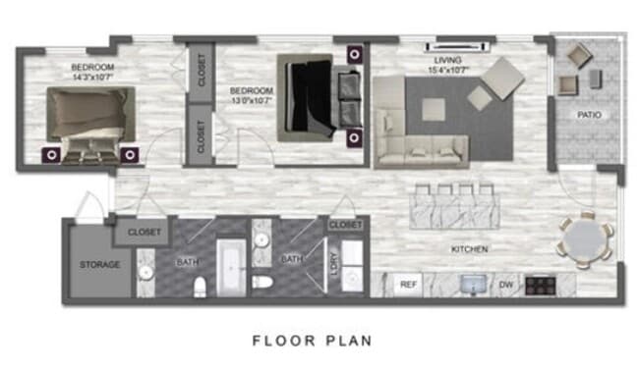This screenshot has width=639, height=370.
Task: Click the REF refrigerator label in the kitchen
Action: (408, 285)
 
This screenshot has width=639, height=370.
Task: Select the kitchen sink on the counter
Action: (470, 284)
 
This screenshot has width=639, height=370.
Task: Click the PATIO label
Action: (590, 116)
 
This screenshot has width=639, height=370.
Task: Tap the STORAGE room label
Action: (99, 264)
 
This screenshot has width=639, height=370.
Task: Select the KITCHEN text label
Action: (469, 249)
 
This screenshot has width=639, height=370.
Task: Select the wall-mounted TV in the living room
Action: (457, 45)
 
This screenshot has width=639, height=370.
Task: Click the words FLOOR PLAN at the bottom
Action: (312, 342)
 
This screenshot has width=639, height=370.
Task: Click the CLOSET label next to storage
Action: (145, 233)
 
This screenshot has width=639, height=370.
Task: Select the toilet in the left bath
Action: (200, 286)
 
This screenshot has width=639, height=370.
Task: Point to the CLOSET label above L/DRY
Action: (346, 226)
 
